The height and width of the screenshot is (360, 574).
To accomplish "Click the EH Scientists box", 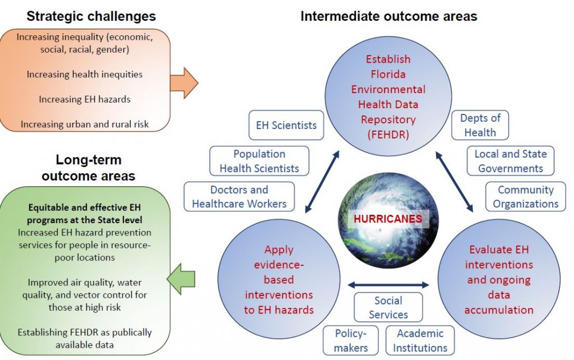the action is click(286, 125).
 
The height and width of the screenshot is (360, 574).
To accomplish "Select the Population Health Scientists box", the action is click(259, 161).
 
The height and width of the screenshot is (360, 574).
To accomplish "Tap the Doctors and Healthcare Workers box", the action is click(239, 197).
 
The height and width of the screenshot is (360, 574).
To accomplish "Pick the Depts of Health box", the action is click(480, 125).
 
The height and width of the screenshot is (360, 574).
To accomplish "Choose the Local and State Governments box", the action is click(510, 161).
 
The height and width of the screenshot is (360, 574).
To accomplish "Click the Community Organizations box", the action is click(525, 197).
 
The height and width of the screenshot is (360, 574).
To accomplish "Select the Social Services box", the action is click(388, 307).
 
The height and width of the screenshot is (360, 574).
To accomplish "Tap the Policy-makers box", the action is click(350, 340).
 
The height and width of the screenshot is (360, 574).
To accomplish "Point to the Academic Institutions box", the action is click(420, 340).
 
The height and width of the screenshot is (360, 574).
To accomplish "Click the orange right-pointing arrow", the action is click(184, 83).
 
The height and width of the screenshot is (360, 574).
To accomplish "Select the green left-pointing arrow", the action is click(181, 279).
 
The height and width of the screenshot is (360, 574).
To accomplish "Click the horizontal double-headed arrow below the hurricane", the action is click(388, 284).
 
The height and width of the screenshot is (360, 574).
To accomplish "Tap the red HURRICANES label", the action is click(388, 219).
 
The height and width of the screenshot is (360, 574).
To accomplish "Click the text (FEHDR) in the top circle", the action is click(388, 135).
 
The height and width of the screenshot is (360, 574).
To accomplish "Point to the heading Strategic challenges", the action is click(91, 16).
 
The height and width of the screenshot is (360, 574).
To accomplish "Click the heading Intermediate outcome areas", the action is click(389, 16).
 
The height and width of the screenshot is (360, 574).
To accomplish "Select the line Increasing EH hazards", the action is click(85, 99).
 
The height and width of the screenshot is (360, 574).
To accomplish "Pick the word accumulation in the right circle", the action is click(499, 310).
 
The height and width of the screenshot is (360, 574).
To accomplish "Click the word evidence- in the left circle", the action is click(279, 265).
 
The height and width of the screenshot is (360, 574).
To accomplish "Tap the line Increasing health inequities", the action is click(85, 75).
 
